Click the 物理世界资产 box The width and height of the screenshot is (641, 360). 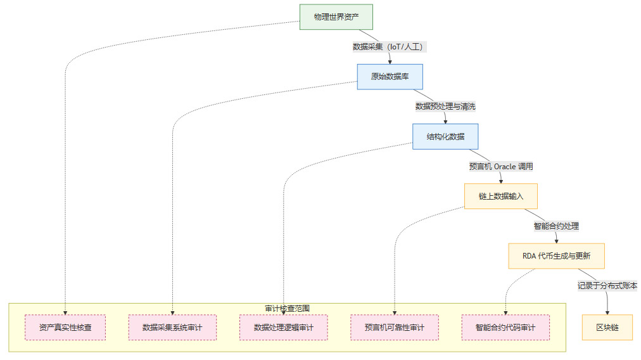point(336,16)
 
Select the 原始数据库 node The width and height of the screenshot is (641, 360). point(390,77)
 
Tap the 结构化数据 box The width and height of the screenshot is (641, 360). point(445,136)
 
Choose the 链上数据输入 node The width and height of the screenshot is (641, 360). point(500,196)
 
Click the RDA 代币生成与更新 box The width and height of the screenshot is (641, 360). point(556,256)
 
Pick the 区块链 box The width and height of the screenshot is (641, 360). point(607,327)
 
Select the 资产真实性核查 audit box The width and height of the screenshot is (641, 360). point(65,327)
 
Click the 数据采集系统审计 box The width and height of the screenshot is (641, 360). point(172,327)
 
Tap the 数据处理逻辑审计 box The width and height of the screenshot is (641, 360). point(283,327)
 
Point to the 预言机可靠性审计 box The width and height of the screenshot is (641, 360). point(394,327)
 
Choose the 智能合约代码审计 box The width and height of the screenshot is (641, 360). point(505,327)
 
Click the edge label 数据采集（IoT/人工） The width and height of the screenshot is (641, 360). point(389,46)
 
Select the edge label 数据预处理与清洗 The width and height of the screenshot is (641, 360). point(445,106)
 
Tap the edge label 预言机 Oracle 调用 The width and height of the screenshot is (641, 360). point(500,166)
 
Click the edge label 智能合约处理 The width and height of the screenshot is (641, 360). point(556,226)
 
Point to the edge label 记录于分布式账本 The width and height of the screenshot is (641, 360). point(607,286)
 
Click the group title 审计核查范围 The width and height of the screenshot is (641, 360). point(287,308)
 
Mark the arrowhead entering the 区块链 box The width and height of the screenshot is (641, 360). point(607,312)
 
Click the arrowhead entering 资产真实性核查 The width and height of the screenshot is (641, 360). point(65,312)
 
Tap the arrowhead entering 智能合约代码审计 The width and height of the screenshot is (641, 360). point(505,312)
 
